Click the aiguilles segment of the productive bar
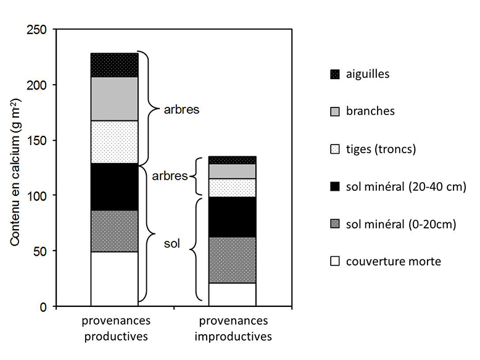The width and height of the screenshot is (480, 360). tap(114, 65)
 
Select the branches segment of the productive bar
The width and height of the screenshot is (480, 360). tap(114, 99)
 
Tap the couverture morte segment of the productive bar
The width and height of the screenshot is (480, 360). tap(114, 278)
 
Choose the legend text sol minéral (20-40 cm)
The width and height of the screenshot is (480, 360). tap(405, 186)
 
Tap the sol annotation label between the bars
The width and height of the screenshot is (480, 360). tap(171, 244)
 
